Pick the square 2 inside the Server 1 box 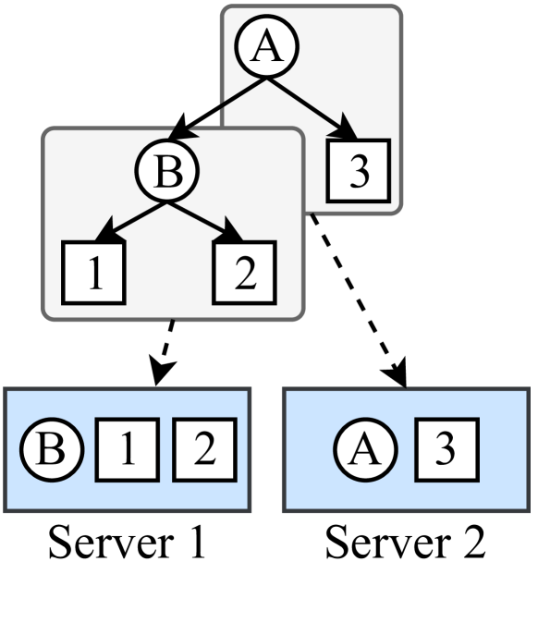tap(204, 448)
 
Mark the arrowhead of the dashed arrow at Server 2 tap(398, 372)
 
